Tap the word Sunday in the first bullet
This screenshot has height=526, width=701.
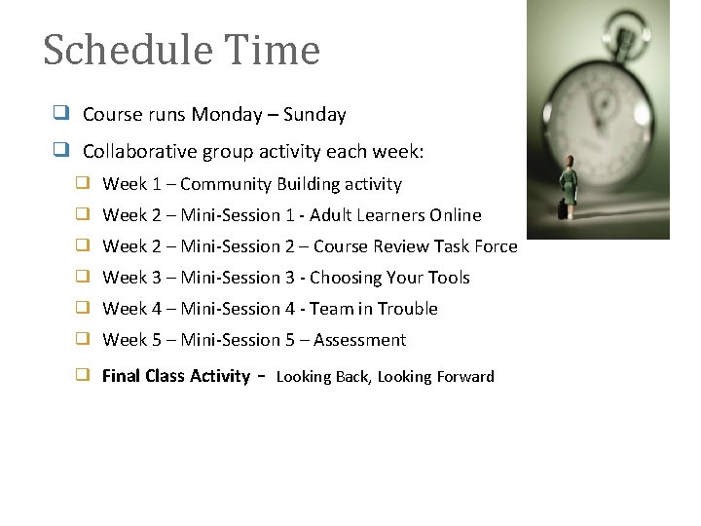pyautogui.click(x=314, y=115)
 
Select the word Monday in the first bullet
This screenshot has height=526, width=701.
pyautogui.click(x=226, y=115)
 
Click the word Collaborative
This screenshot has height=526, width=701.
pyautogui.click(x=140, y=152)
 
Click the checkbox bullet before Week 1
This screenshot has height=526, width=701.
pyautogui.click(x=84, y=183)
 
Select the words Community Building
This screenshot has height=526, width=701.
pyautogui.click(x=256, y=184)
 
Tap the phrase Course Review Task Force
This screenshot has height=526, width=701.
pyautogui.click(x=416, y=246)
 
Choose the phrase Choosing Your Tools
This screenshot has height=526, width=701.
pyautogui.click(x=389, y=278)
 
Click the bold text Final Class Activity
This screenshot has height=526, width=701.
pyautogui.click(x=175, y=376)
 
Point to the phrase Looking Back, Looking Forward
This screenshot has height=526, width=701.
pyautogui.click(x=386, y=377)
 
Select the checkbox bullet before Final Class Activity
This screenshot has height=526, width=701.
pyautogui.click(x=84, y=375)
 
